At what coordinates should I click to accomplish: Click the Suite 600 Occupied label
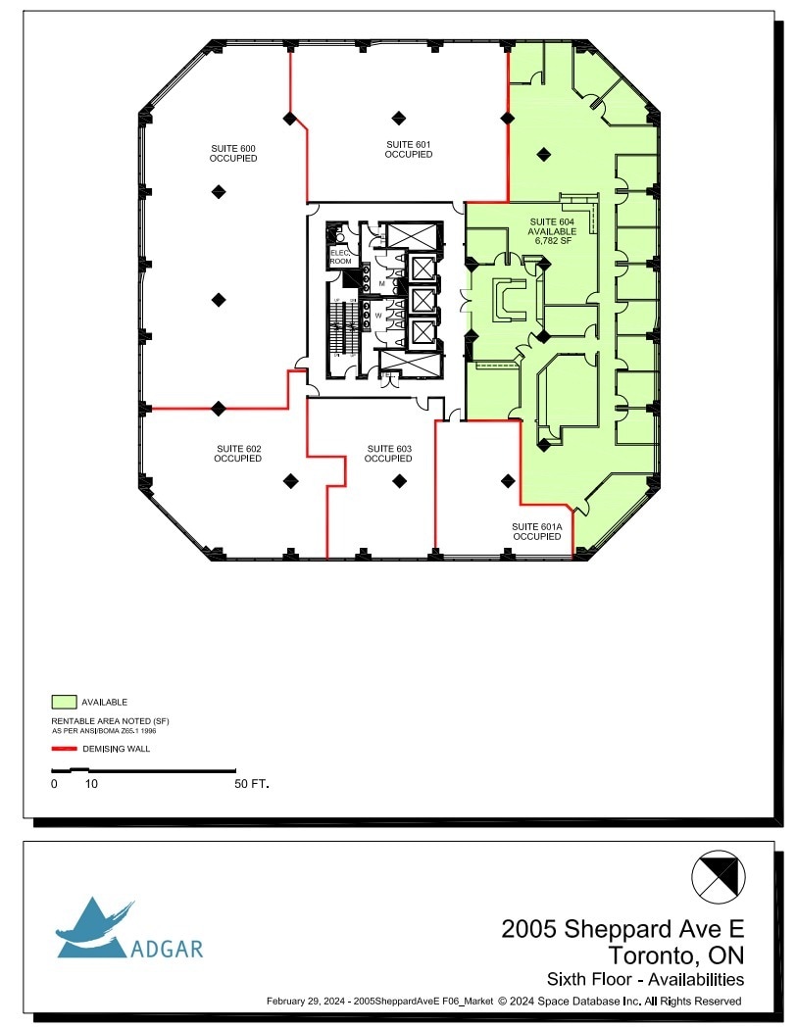click(x=233, y=153)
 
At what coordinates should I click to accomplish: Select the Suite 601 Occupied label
click(x=408, y=149)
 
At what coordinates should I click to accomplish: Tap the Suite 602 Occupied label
click(x=238, y=454)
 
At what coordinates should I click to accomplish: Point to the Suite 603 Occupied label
click(x=388, y=454)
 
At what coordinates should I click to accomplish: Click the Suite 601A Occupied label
click(x=536, y=531)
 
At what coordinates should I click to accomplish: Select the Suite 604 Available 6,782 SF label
click(x=552, y=232)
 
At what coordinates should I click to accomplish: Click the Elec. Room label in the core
click(x=340, y=257)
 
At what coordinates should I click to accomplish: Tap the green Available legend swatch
click(x=64, y=702)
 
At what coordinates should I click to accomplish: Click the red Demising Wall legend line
click(x=64, y=748)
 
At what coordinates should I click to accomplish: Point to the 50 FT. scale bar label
click(x=251, y=785)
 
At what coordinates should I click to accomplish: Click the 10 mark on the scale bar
click(x=90, y=785)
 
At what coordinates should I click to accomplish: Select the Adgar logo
click(x=127, y=930)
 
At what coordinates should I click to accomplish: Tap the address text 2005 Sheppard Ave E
click(x=622, y=928)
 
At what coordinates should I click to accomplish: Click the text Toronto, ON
click(x=675, y=955)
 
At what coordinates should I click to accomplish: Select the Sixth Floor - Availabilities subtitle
click(x=644, y=979)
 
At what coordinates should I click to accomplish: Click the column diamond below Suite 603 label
click(x=399, y=481)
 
